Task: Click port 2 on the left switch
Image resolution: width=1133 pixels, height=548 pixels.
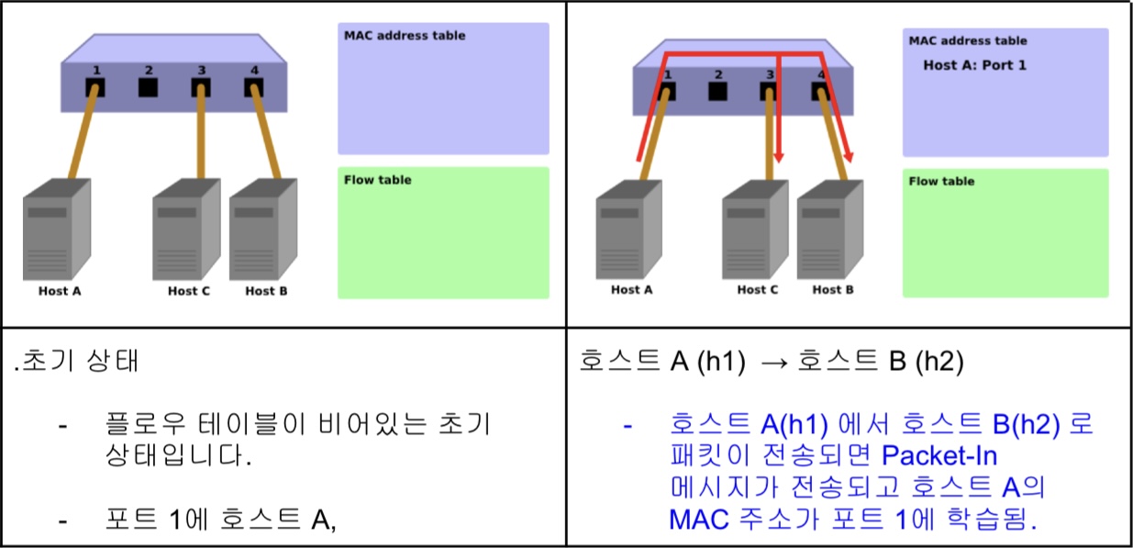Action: [148, 88]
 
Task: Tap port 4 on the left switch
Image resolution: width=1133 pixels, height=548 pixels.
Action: [253, 88]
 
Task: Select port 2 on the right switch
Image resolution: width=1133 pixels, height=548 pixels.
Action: [718, 91]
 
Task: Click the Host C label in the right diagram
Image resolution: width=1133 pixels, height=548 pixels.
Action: [758, 290]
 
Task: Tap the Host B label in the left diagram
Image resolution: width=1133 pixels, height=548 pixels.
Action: [266, 291]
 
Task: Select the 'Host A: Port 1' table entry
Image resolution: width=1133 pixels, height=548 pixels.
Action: [974, 66]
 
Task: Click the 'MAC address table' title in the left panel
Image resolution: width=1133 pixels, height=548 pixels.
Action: [405, 36]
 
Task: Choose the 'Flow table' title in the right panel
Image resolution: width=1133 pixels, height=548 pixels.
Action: [941, 182]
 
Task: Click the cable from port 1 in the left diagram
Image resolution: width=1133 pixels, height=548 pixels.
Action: [82, 138]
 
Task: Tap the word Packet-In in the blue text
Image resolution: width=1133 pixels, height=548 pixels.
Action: [939, 455]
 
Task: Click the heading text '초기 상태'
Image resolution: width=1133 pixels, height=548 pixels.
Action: [81, 361]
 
